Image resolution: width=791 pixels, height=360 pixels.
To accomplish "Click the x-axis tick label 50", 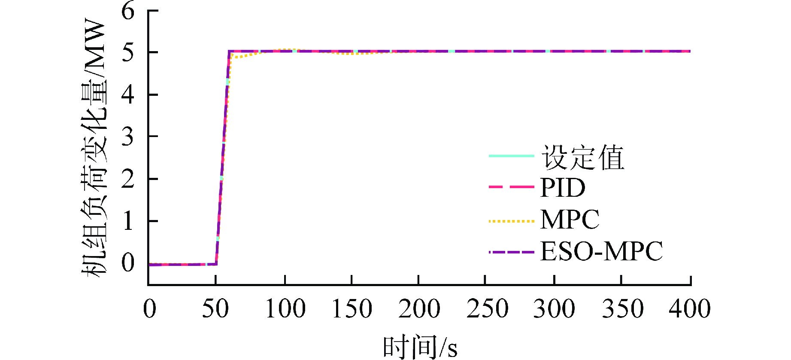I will pyautogui.click(x=215, y=309).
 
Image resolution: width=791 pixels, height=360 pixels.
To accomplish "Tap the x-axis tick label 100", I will pyautogui.click(x=285, y=309).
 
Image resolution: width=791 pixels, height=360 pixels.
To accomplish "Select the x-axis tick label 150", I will pyautogui.click(x=352, y=309).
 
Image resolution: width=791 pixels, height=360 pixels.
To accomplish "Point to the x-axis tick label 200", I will pyautogui.click(x=419, y=309).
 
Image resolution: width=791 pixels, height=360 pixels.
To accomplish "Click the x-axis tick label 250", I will pyautogui.click(x=487, y=309).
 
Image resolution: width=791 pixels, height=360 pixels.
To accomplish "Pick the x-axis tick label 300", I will pyautogui.click(x=554, y=309).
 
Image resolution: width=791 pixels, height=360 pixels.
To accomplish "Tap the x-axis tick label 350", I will pyautogui.click(x=622, y=309).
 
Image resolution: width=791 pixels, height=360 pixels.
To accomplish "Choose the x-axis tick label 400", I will pyautogui.click(x=689, y=309).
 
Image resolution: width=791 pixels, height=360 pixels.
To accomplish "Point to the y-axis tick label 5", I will pyautogui.click(x=128, y=52).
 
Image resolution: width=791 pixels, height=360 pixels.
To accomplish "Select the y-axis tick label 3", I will pyautogui.click(x=128, y=137).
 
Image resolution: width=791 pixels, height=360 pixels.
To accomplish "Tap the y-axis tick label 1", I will pyautogui.click(x=128, y=221).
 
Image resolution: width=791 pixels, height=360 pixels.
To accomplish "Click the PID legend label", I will pyautogui.click(x=563, y=188).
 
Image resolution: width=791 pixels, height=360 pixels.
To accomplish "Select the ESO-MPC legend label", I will pyautogui.click(x=601, y=251).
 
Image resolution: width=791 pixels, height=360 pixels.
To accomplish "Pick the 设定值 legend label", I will pyautogui.click(x=582, y=157).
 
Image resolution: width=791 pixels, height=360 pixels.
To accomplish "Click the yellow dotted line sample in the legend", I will pyautogui.click(x=511, y=221).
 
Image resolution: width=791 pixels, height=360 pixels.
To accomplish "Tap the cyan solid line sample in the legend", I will pyautogui.click(x=511, y=156).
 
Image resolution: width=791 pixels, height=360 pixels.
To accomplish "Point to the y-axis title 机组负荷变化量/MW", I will pyautogui.click(x=94, y=148).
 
